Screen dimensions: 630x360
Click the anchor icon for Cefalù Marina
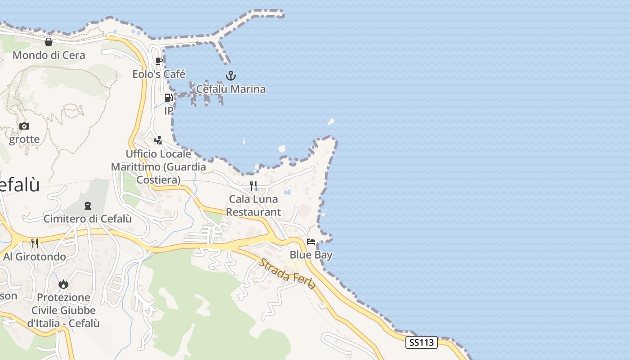tap(231, 75)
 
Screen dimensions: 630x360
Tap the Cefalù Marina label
tap(231, 89)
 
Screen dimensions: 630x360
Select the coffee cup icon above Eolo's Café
tap(159, 61)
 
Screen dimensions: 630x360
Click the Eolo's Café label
tap(159, 74)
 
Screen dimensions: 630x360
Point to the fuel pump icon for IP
tap(168, 97)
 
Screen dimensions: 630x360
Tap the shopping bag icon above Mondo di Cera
tap(49, 42)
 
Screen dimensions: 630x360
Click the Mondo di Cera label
tap(49, 55)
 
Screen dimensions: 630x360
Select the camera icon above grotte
tap(24, 126)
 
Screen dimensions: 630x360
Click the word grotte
tap(24, 139)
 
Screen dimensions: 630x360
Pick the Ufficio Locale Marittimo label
tap(158, 167)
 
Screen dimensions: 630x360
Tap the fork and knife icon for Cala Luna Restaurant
tap(253, 185)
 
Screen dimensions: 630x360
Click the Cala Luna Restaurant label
tap(253, 205)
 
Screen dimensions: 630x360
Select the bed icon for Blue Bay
tap(311, 242)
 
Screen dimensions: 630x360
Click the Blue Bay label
tap(311, 255)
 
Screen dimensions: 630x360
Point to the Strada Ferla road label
tap(287, 274)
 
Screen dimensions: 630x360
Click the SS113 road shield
tap(422, 342)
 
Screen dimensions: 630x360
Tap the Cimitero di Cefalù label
tap(88, 219)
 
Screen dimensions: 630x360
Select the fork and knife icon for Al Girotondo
tap(35, 243)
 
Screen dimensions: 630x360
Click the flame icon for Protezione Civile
tap(63, 284)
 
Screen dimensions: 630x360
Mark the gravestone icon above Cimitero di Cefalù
tap(88, 206)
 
